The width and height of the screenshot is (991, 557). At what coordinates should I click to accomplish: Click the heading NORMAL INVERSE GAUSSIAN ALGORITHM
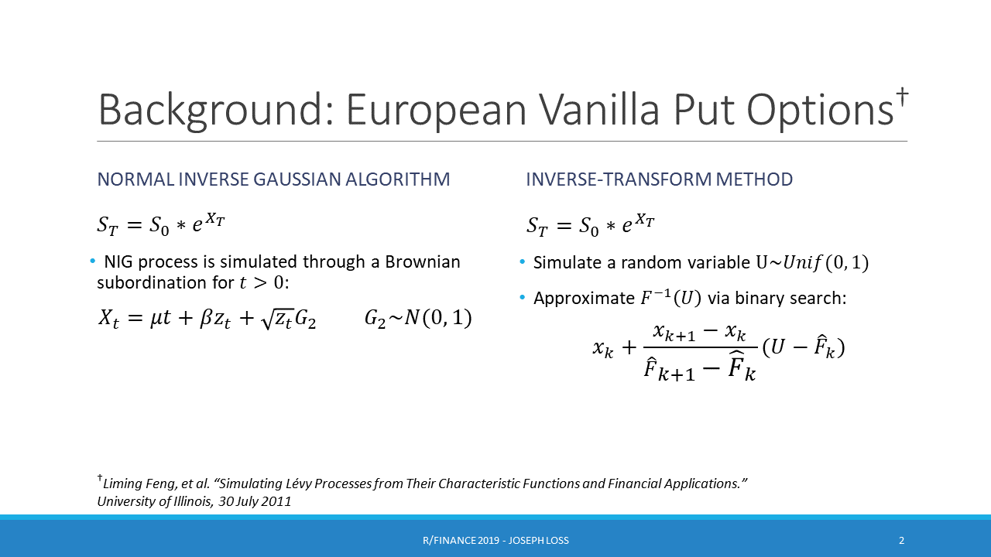click(x=273, y=179)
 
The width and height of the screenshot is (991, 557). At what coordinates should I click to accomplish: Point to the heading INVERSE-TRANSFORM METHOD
click(x=659, y=179)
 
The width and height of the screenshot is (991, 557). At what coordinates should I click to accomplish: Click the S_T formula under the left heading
click(x=161, y=224)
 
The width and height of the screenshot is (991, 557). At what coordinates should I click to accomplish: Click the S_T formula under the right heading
click(x=591, y=225)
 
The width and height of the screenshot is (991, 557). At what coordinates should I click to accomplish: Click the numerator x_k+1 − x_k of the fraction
click(x=699, y=333)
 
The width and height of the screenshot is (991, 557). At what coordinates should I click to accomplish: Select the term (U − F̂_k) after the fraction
click(x=803, y=348)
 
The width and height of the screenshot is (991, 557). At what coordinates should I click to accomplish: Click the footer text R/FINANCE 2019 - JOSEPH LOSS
click(x=495, y=540)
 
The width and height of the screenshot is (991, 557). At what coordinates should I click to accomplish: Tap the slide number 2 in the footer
click(x=901, y=540)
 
